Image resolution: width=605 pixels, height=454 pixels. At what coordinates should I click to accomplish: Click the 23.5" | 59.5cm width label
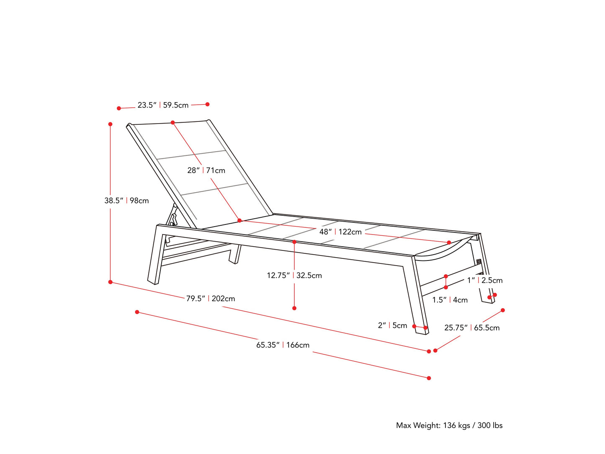click(163, 105)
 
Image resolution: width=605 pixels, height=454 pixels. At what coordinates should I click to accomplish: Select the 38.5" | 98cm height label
click(126, 200)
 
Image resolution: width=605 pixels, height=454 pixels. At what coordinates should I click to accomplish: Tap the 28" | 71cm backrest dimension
click(206, 170)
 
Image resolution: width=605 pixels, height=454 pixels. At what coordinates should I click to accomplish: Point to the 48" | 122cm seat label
click(340, 232)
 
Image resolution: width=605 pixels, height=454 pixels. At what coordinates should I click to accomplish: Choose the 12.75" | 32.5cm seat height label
click(294, 276)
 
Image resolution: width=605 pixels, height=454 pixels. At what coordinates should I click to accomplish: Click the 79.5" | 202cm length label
click(211, 299)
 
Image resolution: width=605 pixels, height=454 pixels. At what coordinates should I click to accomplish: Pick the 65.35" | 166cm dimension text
click(283, 345)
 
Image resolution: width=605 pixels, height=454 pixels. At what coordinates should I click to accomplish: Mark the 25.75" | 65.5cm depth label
click(472, 328)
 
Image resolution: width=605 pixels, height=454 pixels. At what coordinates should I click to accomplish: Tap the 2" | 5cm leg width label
click(392, 325)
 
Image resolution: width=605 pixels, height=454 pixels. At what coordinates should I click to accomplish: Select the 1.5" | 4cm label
click(450, 300)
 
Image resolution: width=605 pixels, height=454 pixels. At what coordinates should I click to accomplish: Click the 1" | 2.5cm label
click(485, 280)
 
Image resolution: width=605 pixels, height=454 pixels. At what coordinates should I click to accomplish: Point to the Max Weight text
click(449, 426)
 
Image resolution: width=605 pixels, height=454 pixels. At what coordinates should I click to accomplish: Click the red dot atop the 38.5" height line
click(110, 124)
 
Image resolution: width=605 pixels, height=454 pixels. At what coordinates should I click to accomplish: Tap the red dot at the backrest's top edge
click(172, 122)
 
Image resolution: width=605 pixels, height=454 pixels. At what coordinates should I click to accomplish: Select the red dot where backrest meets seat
click(239, 221)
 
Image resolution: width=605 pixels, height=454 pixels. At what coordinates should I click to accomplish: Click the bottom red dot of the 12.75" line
click(294, 308)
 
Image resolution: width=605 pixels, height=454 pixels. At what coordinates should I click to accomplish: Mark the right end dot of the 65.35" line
click(429, 378)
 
